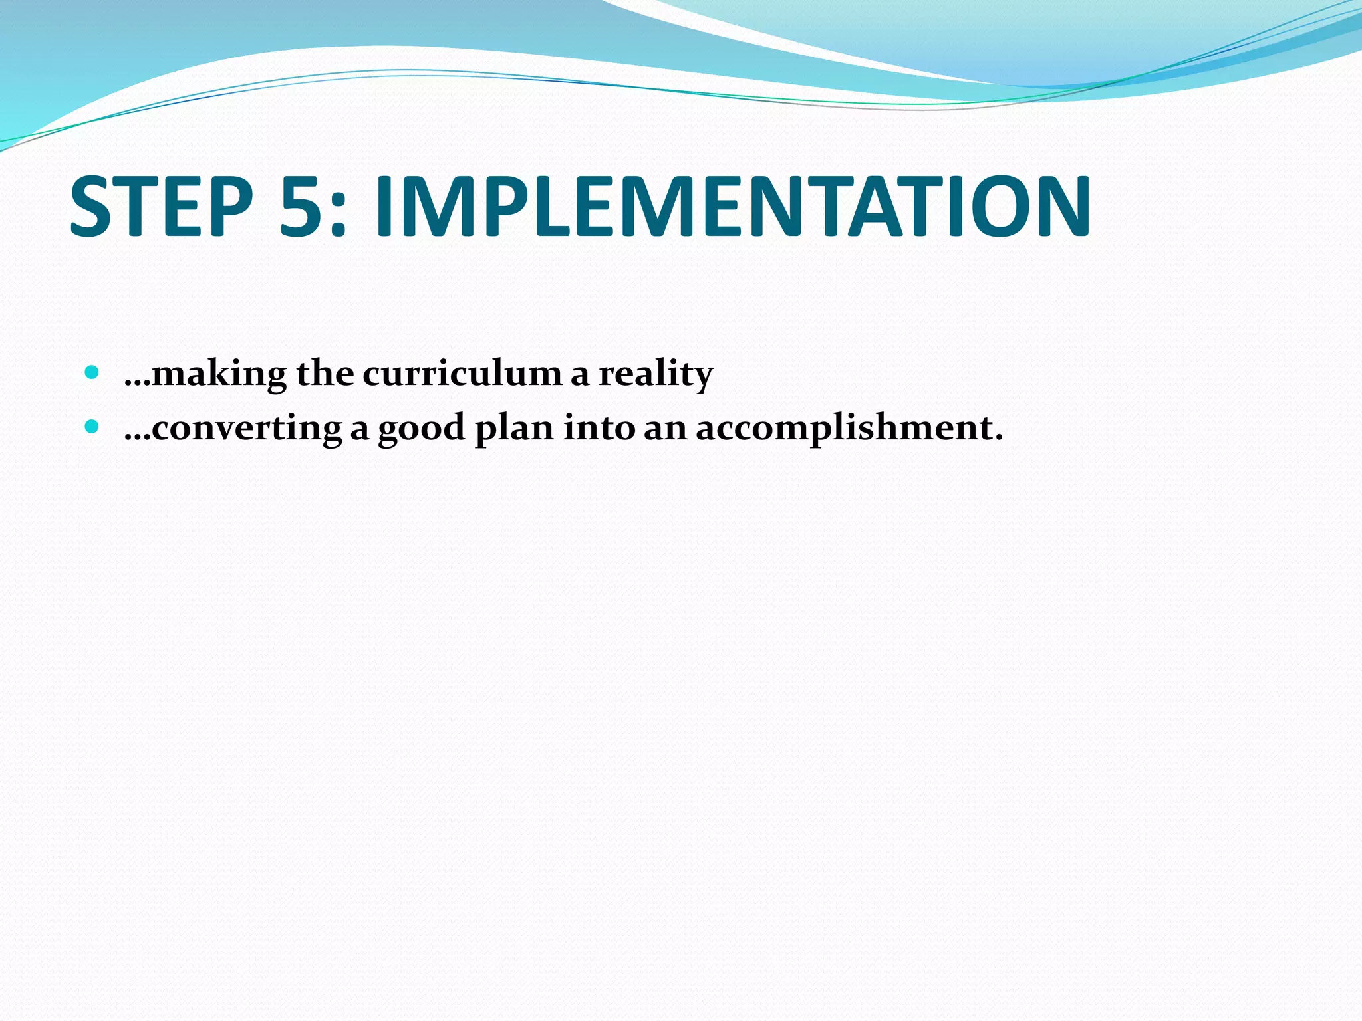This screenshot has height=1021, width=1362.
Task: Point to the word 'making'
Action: pyautogui.click(x=219, y=374)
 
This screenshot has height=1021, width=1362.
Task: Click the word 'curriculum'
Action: pyautogui.click(x=462, y=374)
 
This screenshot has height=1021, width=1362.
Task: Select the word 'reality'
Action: pyautogui.click(x=656, y=374)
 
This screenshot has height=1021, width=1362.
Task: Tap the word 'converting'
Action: pyautogui.click(x=247, y=428)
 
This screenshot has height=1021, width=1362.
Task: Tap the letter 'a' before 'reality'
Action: pyautogui.click(x=580, y=376)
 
